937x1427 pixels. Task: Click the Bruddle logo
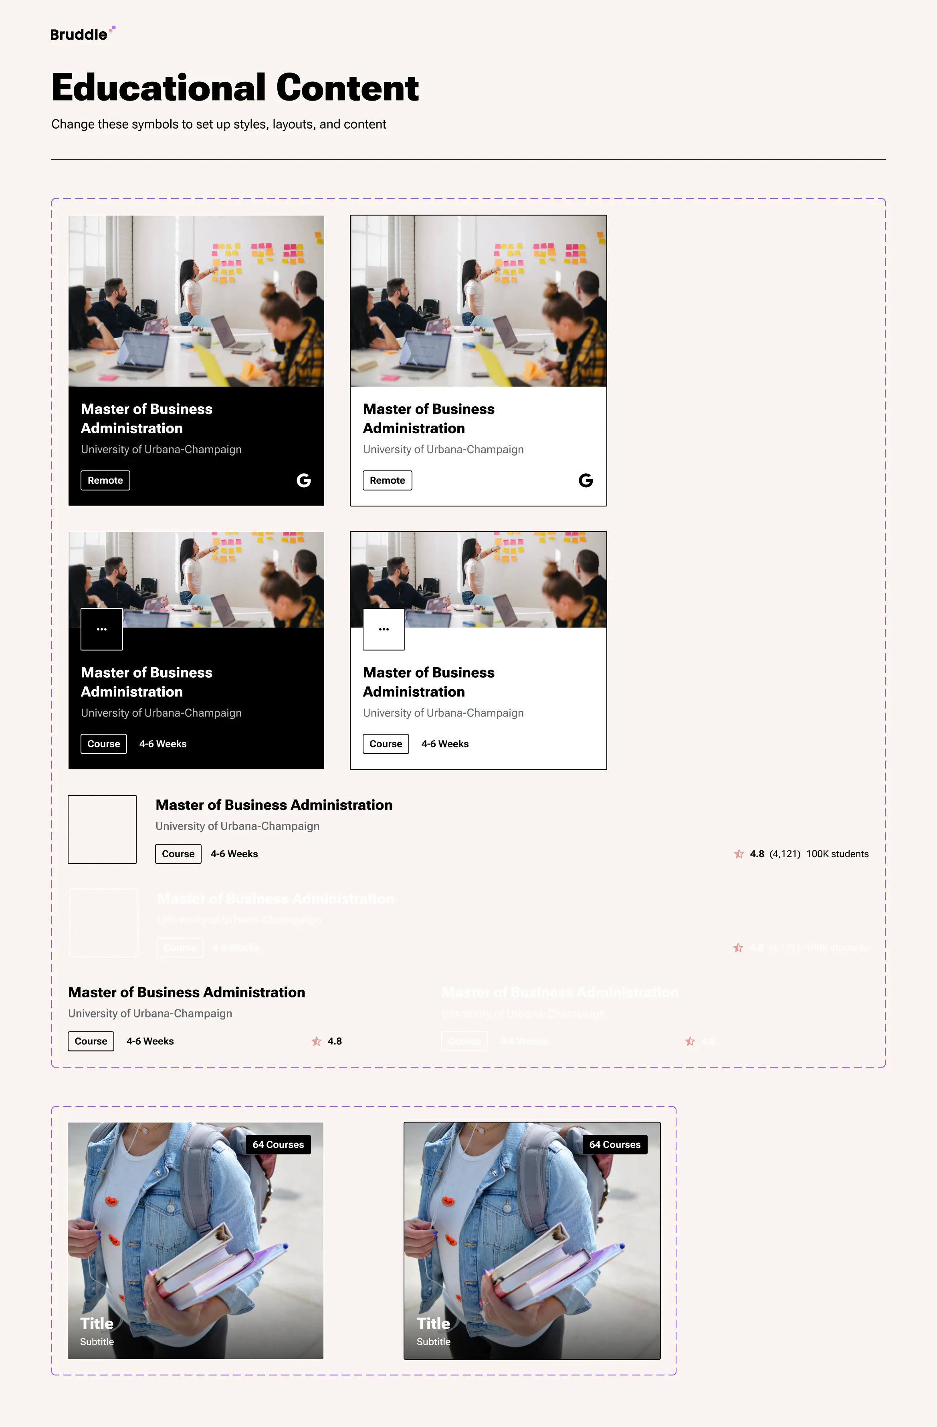tap(81, 34)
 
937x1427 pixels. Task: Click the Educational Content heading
tap(234, 87)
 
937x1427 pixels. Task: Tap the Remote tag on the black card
tap(105, 480)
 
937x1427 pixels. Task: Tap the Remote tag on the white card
tap(387, 480)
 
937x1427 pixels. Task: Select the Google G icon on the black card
tap(304, 480)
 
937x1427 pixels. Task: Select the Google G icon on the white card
tap(586, 480)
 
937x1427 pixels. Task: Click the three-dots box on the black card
tap(102, 629)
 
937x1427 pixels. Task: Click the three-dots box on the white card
tap(384, 629)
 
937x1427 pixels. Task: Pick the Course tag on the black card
tap(104, 743)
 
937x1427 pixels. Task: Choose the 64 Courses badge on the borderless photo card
tap(278, 1144)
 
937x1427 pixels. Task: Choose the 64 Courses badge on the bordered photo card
tap(614, 1144)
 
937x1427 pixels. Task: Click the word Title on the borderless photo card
tap(97, 1323)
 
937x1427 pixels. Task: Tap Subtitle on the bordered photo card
tap(433, 1341)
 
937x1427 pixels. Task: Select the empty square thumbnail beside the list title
tap(102, 829)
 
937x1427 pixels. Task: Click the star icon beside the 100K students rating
tap(739, 854)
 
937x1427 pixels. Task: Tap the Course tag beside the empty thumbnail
tap(178, 854)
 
